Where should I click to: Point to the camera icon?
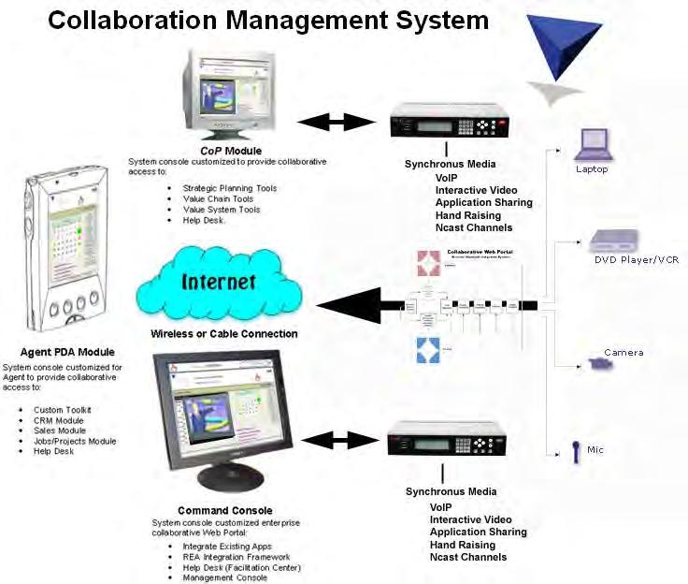coord(600,363)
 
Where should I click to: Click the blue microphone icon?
coord(576,452)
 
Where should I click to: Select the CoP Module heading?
coord(230,151)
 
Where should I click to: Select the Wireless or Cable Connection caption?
coord(224,333)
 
